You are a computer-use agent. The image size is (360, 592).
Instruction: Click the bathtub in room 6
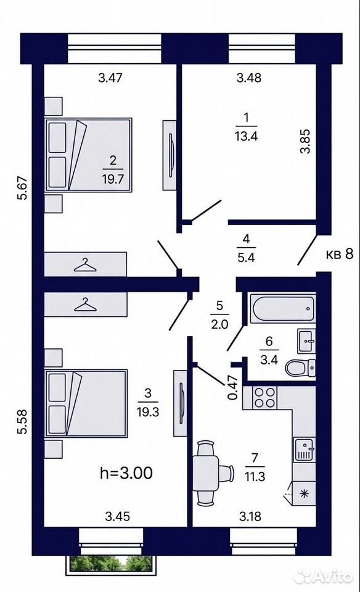(x=283, y=309)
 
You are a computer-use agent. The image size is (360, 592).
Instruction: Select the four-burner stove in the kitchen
(x=265, y=398)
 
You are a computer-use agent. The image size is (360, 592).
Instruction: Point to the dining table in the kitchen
(x=206, y=474)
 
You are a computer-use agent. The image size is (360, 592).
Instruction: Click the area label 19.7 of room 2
(x=112, y=178)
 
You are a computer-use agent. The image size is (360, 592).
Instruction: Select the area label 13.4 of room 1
(x=246, y=136)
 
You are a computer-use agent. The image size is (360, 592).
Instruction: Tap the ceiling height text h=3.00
(x=126, y=473)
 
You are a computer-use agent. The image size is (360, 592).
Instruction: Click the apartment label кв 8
(x=340, y=254)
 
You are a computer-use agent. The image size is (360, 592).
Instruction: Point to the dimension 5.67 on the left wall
(x=24, y=187)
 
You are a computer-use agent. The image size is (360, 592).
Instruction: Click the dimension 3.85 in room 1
(x=305, y=141)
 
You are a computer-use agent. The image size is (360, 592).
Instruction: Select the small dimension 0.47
(x=234, y=387)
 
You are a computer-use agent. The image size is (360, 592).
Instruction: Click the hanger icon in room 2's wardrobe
(x=85, y=265)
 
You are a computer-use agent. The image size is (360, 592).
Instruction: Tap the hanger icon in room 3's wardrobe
(x=85, y=304)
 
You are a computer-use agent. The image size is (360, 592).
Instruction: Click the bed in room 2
(x=88, y=155)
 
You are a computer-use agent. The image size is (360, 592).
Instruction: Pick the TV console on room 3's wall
(x=180, y=403)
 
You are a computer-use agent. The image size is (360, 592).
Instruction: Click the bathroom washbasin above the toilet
(x=306, y=341)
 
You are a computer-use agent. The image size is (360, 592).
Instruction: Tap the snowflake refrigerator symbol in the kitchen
(x=305, y=493)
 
